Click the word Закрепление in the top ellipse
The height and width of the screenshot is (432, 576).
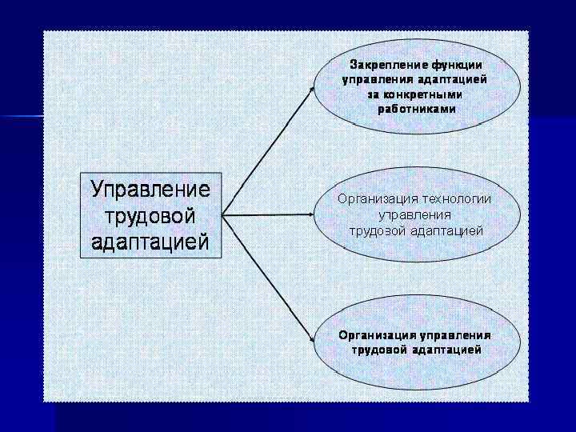pos(387,63)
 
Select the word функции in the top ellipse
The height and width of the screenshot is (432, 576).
pos(457,63)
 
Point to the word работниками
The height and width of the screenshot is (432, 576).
pos(417,109)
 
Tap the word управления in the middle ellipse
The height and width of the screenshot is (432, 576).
pos(414,215)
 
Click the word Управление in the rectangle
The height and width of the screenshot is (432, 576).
pos(150,190)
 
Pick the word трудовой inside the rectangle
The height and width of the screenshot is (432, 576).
pos(150,215)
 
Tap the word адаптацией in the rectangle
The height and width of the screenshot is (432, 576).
pos(150,242)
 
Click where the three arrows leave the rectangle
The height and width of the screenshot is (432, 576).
pos(223,215)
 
